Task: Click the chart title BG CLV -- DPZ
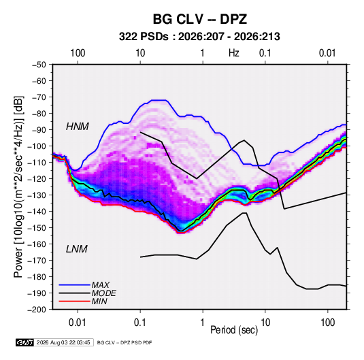click(199, 19)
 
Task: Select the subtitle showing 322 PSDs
click(199, 37)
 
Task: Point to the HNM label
click(78, 127)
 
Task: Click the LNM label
click(77, 249)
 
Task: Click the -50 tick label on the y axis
click(39, 65)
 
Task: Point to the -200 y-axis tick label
click(37, 310)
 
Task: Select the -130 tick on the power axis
click(37, 195)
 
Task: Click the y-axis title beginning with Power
click(18, 186)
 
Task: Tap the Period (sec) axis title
click(234, 330)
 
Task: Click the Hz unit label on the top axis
click(234, 53)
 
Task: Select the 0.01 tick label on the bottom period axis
click(78, 323)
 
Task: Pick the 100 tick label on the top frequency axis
click(78, 53)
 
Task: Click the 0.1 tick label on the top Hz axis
click(265, 53)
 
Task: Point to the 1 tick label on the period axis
click(203, 323)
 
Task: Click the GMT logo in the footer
click(24, 342)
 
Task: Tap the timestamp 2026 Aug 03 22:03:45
click(63, 342)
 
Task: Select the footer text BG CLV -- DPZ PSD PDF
click(125, 343)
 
